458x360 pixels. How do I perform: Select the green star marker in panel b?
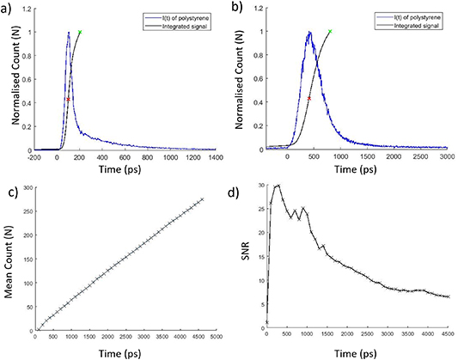coord(331,32)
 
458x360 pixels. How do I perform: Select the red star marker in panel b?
coord(308,99)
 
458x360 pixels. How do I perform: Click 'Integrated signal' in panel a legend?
coord(186,25)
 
